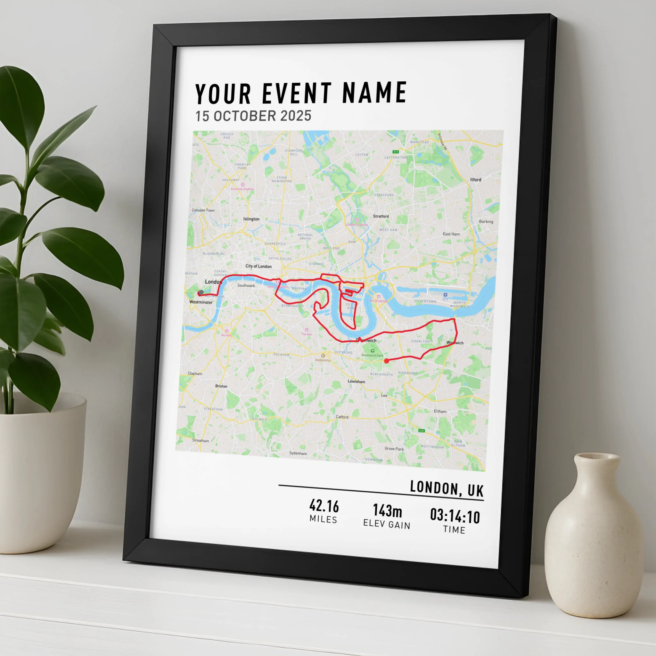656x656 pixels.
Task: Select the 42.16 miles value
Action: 324,506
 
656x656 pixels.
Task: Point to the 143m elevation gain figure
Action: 388,510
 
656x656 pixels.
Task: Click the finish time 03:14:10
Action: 455,516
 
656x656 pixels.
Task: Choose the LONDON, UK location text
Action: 447,488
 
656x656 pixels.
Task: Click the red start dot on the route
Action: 386,361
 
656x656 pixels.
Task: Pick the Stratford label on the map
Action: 381,216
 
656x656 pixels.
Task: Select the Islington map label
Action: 251,219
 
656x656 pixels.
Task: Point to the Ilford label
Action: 476,180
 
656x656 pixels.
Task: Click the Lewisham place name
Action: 356,381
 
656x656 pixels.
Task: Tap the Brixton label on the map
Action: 221,386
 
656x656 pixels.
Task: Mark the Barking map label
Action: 486,221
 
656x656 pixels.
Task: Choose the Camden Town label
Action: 203,210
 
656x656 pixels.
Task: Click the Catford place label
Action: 342,417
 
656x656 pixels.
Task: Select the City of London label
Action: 258,266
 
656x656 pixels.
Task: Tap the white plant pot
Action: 41,472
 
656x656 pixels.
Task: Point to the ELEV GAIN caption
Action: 387,524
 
